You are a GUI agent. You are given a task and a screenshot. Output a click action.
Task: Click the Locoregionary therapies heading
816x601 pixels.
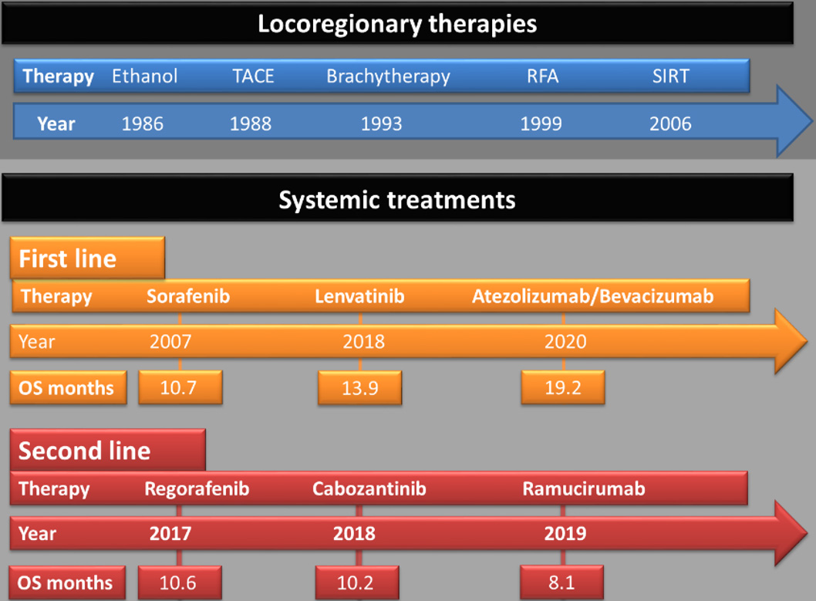tap(397, 24)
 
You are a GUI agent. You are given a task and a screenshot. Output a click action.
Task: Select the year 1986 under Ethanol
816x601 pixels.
tap(142, 124)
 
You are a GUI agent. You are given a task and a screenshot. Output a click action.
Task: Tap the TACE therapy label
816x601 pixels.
tap(253, 76)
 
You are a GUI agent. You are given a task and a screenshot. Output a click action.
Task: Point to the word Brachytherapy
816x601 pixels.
tap(388, 76)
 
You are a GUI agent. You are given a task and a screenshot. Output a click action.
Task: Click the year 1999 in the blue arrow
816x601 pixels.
tap(541, 124)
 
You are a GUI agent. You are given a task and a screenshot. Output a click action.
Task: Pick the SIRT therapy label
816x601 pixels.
tap(671, 76)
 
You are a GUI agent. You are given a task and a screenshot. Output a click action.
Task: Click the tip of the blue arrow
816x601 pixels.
tap(812, 121)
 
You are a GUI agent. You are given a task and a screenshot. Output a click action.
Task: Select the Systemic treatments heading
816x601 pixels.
tap(397, 200)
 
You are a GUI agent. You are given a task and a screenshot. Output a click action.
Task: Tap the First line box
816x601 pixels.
tap(87, 258)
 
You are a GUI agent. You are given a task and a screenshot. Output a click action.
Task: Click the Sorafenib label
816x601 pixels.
tap(188, 296)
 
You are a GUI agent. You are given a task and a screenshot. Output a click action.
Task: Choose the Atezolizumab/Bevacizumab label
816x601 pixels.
tap(593, 296)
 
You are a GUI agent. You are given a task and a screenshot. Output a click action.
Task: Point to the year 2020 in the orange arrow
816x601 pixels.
tap(565, 341)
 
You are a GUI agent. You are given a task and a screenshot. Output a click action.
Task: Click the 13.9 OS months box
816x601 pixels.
tap(360, 387)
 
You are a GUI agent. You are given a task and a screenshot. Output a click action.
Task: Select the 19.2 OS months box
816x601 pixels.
tap(563, 387)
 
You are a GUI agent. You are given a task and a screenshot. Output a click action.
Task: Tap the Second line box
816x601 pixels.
tap(108, 450)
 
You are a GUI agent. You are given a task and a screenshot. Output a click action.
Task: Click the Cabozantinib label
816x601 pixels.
tap(369, 488)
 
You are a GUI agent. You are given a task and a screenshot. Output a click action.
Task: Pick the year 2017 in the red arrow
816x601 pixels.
tap(170, 533)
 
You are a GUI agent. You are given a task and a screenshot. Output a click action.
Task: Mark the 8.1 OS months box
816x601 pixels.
tap(562, 582)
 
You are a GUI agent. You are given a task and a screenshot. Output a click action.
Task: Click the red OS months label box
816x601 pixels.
tap(67, 582)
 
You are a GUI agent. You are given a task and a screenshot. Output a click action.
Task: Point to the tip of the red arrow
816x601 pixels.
tap(808, 532)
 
